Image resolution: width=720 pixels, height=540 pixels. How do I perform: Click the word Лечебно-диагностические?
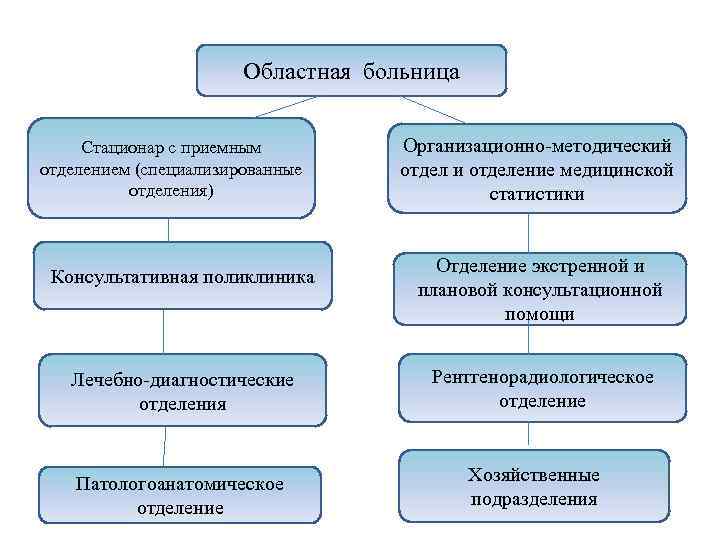point(182,381)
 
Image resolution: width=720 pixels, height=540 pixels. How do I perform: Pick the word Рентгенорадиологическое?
point(542,377)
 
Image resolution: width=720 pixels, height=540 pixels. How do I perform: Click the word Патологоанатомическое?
point(180,484)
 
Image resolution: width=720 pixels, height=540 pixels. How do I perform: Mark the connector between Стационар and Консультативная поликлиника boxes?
point(168,230)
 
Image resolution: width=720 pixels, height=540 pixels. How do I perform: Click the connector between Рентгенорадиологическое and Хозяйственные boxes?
point(529,435)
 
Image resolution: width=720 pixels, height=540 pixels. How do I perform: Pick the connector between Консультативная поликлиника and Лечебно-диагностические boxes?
point(164,331)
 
